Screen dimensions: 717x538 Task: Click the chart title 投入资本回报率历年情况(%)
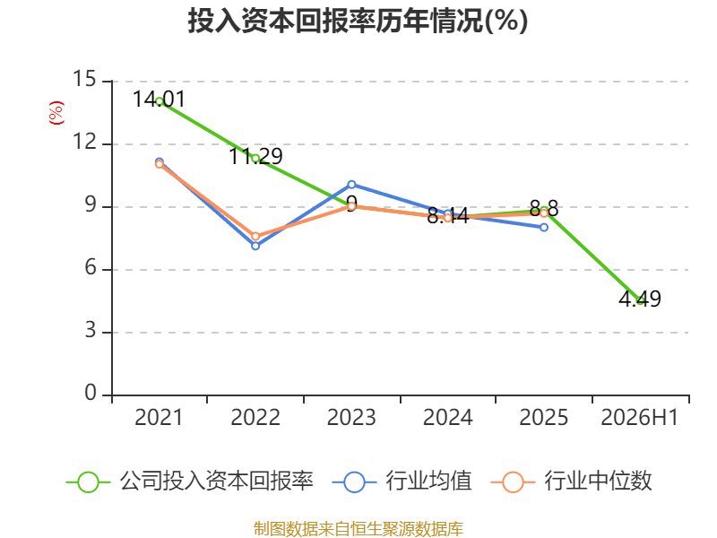[358, 21]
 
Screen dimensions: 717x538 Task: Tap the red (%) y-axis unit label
[56, 113]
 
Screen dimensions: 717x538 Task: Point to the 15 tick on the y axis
[84, 79]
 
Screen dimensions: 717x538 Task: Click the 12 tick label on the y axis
[84, 142]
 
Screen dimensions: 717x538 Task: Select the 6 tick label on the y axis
[91, 267]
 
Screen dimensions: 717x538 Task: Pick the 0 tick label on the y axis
[91, 393]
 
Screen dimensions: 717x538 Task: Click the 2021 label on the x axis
[159, 417]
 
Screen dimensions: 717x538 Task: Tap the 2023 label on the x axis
[351, 417]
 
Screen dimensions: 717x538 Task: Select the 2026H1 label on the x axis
[639, 417]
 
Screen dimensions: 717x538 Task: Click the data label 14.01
[160, 100]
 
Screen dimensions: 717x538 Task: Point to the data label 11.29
[255, 156]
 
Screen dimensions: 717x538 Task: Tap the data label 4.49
[640, 299]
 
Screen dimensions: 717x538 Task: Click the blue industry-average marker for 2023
[351, 185]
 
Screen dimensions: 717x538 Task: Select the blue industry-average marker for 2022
[255, 246]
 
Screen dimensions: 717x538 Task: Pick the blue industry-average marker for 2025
[544, 228]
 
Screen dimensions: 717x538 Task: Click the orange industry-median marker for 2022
[255, 237]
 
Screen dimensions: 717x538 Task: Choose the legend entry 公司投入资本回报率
[190, 482]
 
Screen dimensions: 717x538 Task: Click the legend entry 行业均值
[402, 482]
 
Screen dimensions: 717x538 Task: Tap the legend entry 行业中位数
[571, 482]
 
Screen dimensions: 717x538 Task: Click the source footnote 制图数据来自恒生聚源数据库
[358, 529]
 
